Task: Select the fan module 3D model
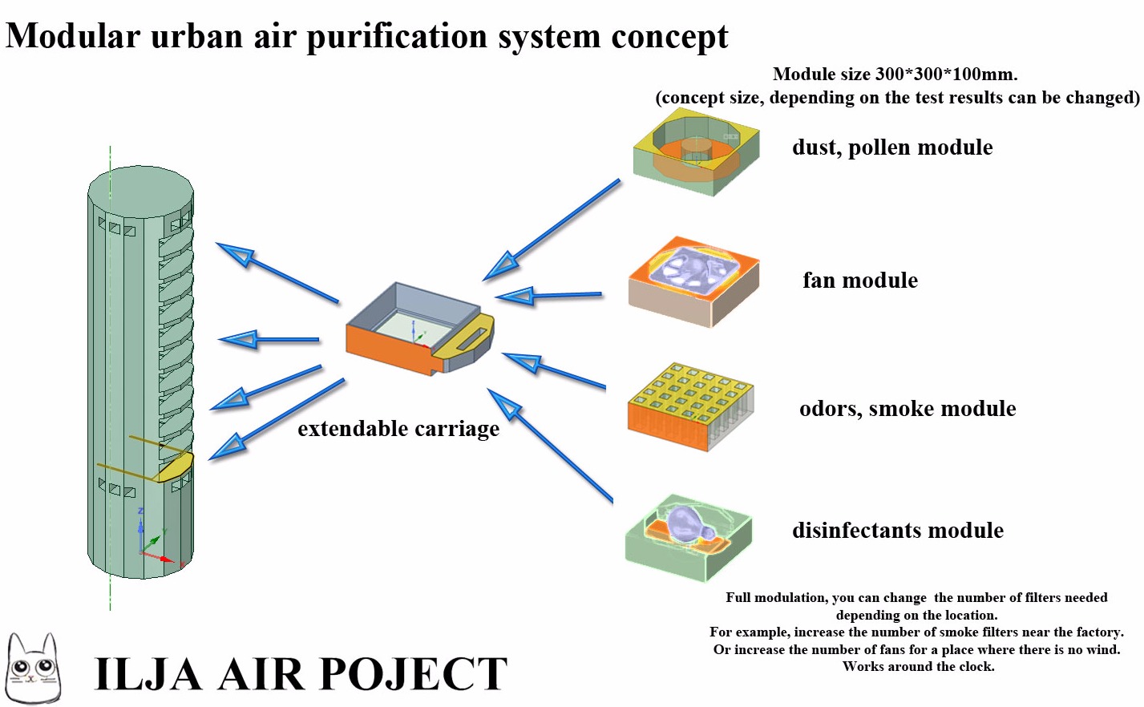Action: point(693,281)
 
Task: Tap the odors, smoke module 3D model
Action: point(690,407)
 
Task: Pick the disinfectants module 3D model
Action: point(689,535)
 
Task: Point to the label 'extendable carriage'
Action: point(398,429)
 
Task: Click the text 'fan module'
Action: point(860,281)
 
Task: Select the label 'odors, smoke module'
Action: point(908,409)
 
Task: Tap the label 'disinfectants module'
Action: point(898,531)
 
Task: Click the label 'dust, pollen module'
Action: point(892,147)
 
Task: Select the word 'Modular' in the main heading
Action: point(72,36)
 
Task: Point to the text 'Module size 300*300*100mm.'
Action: point(895,75)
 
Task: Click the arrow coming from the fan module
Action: point(549,296)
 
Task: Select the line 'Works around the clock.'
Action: point(918,667)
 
